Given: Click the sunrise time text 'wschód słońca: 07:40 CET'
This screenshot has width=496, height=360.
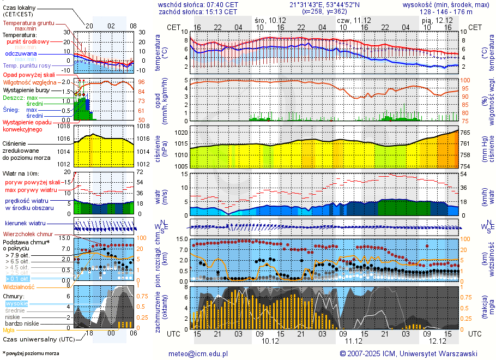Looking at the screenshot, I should coord(198,4).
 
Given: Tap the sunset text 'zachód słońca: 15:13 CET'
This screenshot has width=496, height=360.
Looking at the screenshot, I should coord(198,11).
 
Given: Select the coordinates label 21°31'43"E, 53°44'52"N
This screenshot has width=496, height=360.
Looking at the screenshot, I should coord(325,4).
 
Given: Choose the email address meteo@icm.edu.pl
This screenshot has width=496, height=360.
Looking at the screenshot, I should coord(198,353).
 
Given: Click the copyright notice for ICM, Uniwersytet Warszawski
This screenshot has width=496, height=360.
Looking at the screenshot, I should coord(408,353).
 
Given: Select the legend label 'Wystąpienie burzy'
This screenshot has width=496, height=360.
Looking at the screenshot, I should coord(28,89).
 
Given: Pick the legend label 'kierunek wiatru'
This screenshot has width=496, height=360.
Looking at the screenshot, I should coord(25,224).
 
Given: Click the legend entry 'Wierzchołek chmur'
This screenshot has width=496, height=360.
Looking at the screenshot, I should coord(30,234).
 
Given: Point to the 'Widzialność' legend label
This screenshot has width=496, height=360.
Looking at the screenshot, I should coord(19,286).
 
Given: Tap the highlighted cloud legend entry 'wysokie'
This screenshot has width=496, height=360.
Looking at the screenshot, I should coord(16,303).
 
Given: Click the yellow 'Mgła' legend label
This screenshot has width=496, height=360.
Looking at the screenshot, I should coord(9,330).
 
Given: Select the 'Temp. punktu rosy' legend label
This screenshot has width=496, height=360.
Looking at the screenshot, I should coord(27,65).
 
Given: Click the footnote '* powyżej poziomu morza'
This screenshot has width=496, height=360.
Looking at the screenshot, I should coord(31,353).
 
